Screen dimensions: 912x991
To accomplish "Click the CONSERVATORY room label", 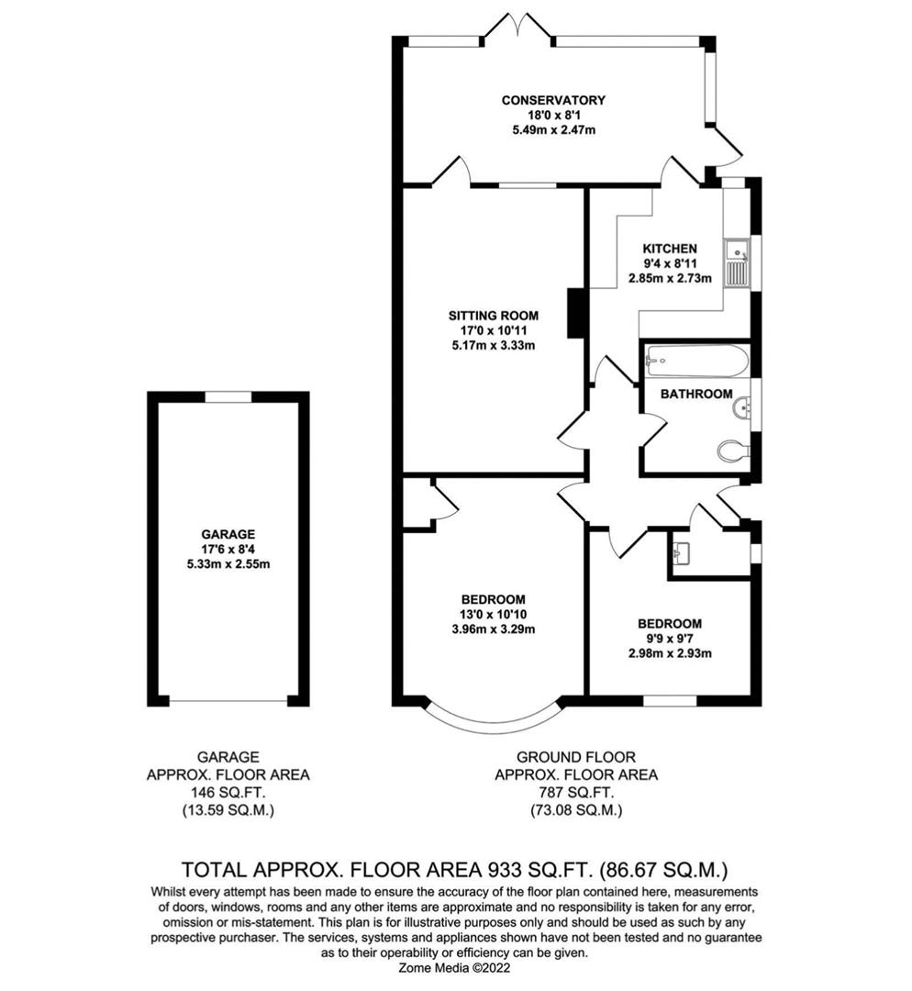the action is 552,100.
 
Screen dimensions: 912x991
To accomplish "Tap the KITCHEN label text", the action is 669,249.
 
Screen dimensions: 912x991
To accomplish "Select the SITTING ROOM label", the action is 486,316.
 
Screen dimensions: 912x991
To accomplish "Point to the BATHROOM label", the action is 696,394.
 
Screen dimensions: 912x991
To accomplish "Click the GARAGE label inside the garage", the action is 228,534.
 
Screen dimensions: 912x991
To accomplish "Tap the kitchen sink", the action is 737,250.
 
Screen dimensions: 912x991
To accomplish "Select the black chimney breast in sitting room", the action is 576,314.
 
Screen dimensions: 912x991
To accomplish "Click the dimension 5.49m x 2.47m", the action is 552,130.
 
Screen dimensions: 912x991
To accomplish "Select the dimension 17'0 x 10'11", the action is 486,330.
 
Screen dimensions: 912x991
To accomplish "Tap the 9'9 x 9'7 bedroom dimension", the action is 669,639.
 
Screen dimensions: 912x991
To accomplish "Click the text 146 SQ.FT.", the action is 228,793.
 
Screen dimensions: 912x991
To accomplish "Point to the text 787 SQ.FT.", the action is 575,793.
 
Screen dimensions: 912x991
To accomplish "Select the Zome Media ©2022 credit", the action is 456,966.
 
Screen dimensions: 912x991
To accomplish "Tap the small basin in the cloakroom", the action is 682,553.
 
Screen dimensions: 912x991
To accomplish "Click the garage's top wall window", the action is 228,396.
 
